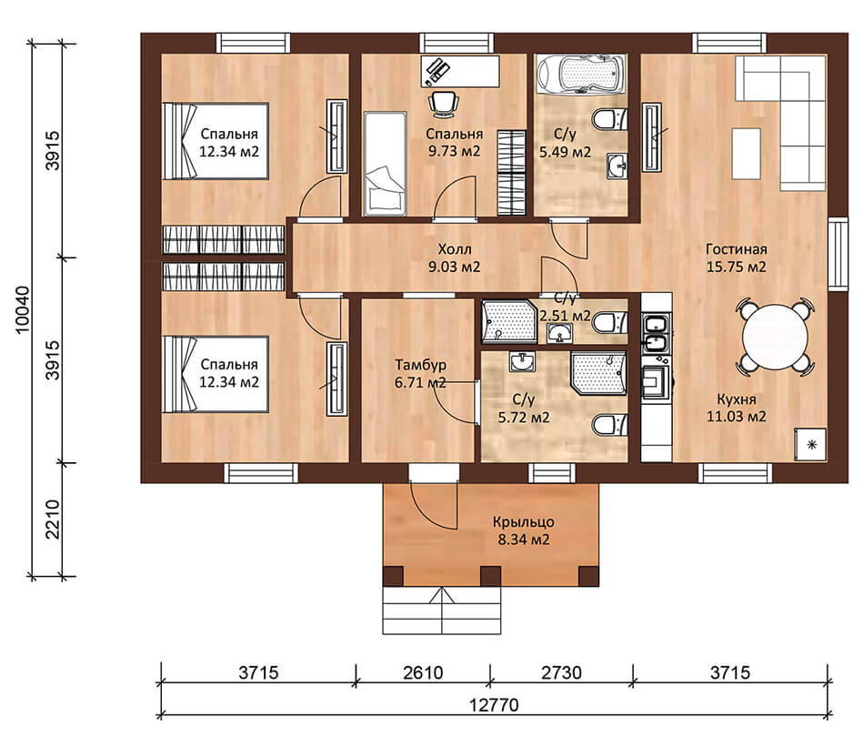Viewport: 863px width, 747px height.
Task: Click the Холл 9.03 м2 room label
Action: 455,258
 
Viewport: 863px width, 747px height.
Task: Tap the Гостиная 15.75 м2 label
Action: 737,258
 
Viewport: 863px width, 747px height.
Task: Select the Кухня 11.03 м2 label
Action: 737,408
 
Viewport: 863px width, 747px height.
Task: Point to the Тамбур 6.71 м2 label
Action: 420,373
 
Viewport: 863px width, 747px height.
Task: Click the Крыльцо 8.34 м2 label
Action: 524,530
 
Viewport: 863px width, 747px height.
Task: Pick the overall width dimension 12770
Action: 494,705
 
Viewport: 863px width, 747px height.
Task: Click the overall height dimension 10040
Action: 23,309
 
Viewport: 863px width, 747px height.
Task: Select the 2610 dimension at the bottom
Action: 423,672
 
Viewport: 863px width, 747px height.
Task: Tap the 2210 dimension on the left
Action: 53,520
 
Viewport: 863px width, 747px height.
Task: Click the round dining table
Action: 776,338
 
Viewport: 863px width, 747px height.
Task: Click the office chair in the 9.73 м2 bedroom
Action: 444,104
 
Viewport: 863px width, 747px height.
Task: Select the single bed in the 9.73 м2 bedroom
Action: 386,164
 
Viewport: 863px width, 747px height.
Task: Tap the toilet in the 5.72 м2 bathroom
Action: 609,424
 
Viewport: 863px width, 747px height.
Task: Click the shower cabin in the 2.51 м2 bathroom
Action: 509,322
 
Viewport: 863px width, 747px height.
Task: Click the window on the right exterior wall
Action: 838,253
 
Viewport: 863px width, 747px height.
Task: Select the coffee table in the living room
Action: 747,154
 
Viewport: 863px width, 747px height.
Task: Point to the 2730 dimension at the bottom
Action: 561,672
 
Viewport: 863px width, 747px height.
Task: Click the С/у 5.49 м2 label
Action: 565,143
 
